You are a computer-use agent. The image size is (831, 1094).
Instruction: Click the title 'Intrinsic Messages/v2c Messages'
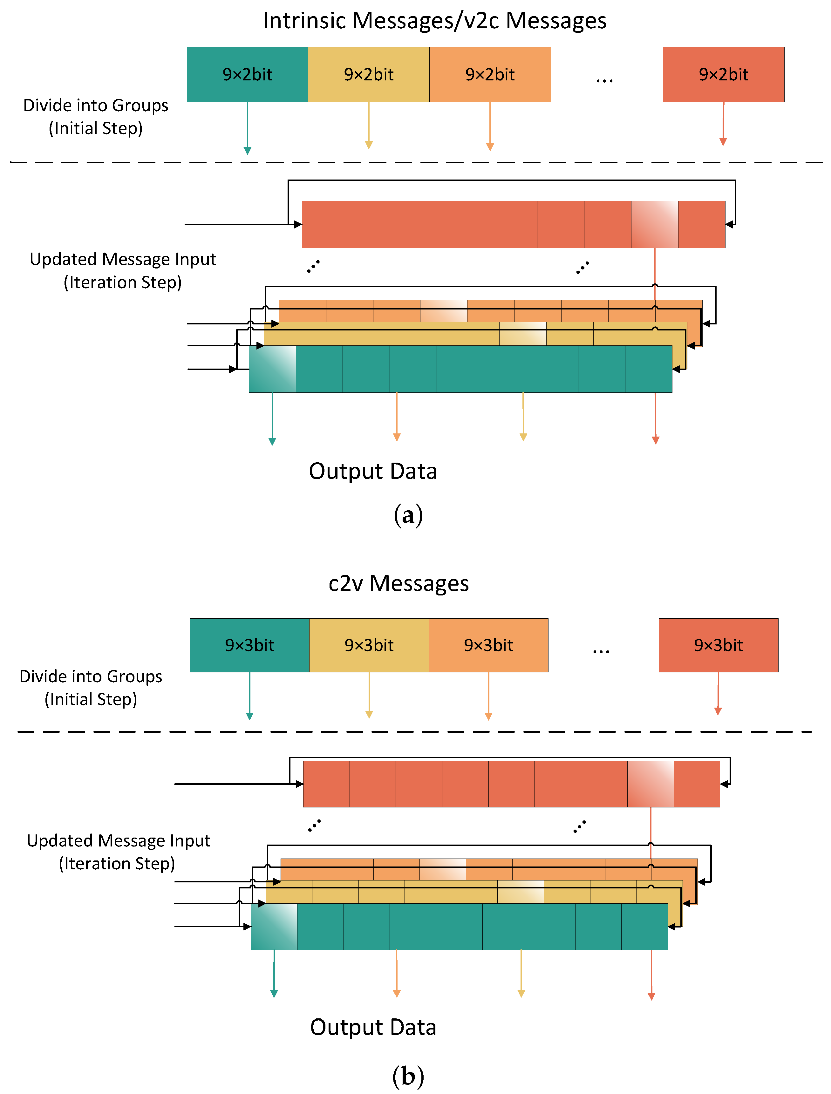tap(434, 21)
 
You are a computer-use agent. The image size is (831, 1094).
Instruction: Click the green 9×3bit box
tap(249, 645)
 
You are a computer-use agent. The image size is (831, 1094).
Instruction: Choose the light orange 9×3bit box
tap(488, 645)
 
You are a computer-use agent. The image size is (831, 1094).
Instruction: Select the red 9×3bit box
tap(718, 645)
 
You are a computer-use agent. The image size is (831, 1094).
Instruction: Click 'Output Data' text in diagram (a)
tap(373, 471)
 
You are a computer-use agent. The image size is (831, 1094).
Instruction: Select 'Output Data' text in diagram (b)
tap(373, 1027)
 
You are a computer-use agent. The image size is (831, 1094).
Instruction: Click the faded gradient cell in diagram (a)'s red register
tap(654, 224)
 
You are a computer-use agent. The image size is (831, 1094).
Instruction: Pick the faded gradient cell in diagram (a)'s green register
tap(272, 369)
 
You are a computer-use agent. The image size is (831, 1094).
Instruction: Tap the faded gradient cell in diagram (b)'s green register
tap(274, 926)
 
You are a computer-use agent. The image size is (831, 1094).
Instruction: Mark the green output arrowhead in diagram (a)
tap(272, 441)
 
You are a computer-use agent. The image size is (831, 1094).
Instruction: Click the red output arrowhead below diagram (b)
tap(651, 996)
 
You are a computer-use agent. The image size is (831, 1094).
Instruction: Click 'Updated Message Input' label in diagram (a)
tap(123, 259)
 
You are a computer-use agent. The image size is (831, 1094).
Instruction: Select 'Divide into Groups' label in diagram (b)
tap(91, 676)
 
